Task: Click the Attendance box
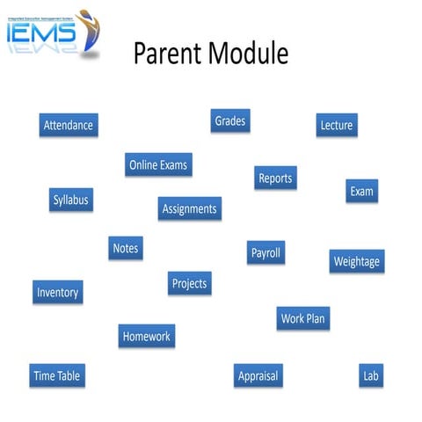click(68, 125)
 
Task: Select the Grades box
click(230, 120)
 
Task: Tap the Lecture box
click(336, 125)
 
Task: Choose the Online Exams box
click(158, 164)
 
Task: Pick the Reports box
click(275, 178)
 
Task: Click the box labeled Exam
click(361, 191)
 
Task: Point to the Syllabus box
click(70, 200)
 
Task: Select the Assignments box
click(189, 208)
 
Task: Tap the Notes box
click(126, 248)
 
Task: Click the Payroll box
click(266, 252)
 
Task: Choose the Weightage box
click(357, 261)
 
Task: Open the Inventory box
click(57, 292)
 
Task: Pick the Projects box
click(189, 283)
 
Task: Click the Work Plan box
click(303, 318)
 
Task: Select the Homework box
click(147, 336)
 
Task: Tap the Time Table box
click(57, 375)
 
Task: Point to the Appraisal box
click(258, 375)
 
